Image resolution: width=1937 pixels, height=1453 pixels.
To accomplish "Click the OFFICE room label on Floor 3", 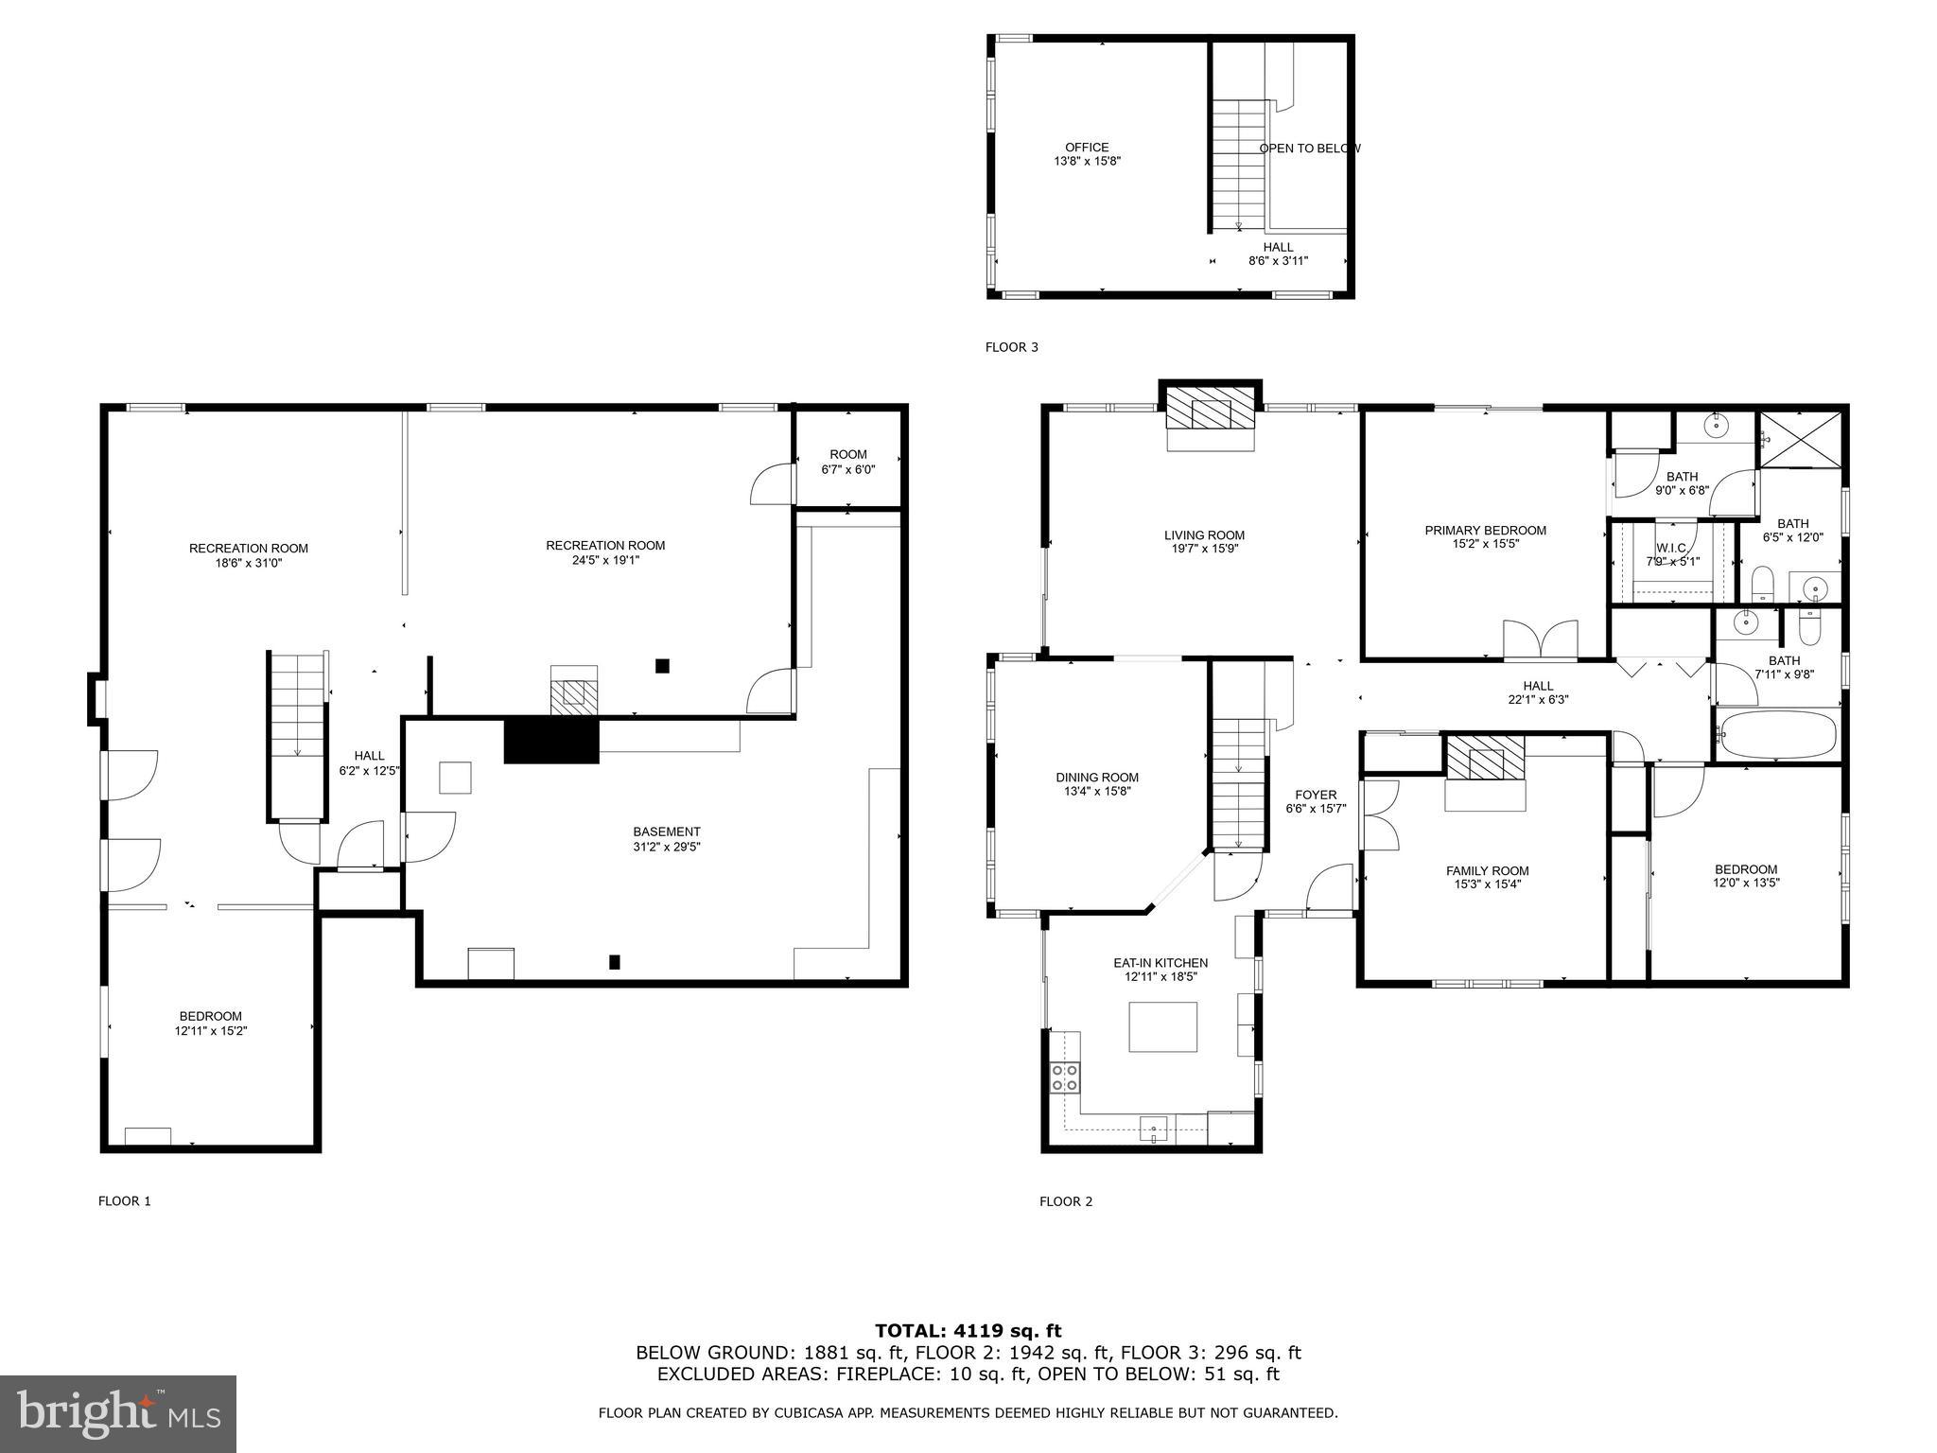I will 1087,148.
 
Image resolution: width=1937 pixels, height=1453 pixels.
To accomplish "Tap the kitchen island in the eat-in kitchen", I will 1162,1026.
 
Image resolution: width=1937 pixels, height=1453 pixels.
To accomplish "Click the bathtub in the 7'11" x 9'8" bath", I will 1777,735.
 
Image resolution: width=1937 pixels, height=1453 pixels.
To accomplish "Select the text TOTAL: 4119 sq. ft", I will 968,1331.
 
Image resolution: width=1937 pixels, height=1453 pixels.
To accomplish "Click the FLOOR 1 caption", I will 124,1201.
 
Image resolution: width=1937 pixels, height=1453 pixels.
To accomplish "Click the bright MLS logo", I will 117,1413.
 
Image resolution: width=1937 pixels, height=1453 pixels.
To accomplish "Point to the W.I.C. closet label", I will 1671,549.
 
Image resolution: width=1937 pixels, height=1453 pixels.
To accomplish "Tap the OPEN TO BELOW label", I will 1309,149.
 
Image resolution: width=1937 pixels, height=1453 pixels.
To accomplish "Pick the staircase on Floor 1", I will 298,733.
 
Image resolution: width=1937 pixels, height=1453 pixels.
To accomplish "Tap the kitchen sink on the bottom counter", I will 1154,1128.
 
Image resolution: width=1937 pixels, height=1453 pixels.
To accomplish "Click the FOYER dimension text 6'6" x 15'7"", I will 1315,809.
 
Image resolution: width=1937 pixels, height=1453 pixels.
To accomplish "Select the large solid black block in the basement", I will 551,741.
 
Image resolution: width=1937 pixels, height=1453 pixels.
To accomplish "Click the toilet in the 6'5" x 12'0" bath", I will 1761,584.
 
